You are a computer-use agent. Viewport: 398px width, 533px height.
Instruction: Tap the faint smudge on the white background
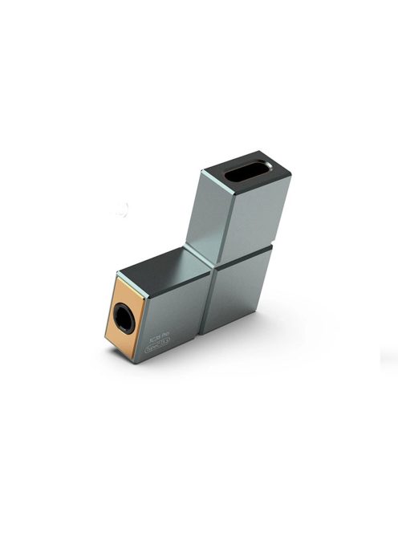121,210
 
